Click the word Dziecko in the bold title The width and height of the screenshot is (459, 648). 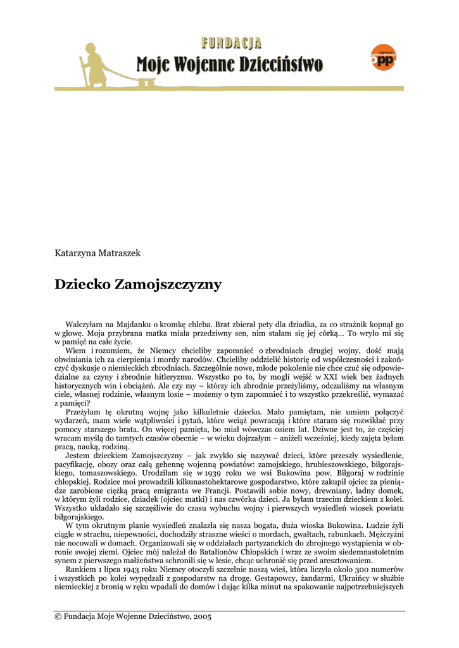pos(82,285)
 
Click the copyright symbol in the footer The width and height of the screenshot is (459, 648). pos(58,616)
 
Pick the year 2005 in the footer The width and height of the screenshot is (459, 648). pos(202,616)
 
